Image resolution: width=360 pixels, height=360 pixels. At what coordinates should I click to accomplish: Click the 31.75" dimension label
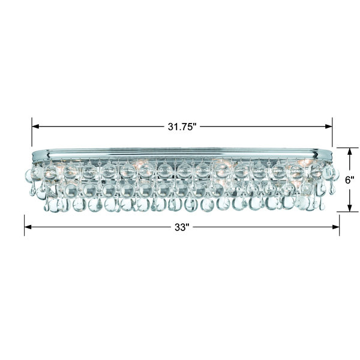click(182, 127)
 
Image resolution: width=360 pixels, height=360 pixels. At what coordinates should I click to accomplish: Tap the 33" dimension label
click(182, 227)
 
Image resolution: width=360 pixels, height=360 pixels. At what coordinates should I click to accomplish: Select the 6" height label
click(350, 180)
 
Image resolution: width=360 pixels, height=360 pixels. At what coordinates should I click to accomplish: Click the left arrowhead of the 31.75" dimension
click(35, 126)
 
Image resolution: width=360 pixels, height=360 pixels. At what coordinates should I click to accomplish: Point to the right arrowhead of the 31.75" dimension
click(329, 126)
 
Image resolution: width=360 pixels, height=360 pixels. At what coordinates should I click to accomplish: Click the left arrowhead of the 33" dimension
click(28, 227)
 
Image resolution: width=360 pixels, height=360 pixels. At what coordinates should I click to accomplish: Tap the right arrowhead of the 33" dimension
click(336, 227)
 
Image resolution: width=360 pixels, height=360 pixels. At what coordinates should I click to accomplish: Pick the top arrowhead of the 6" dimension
click(350, 151)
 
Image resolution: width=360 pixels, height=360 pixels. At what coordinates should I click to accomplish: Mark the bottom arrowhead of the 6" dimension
click(350, 208)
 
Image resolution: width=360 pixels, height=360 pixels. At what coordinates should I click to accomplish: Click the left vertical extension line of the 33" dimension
click(25, 225)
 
